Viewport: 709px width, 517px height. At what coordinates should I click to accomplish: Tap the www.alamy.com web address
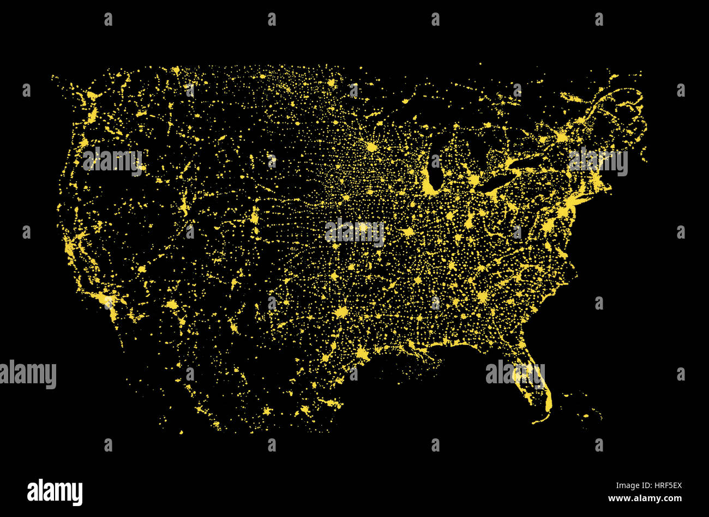[645, 498]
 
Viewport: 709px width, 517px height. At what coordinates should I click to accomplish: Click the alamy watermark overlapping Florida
[515, 373]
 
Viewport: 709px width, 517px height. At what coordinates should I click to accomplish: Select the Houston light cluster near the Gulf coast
[361, 355]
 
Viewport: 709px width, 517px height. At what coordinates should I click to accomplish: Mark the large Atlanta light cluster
[482, 297]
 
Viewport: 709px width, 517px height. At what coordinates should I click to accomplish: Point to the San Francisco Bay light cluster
[70, 248]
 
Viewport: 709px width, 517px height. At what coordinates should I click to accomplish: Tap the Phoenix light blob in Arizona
[172, 305]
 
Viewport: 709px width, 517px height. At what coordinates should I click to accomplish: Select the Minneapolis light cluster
[372, 147]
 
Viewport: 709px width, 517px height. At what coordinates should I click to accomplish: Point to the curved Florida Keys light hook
[540, 419]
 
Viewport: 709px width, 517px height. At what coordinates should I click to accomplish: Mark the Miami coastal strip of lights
[549, 401]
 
